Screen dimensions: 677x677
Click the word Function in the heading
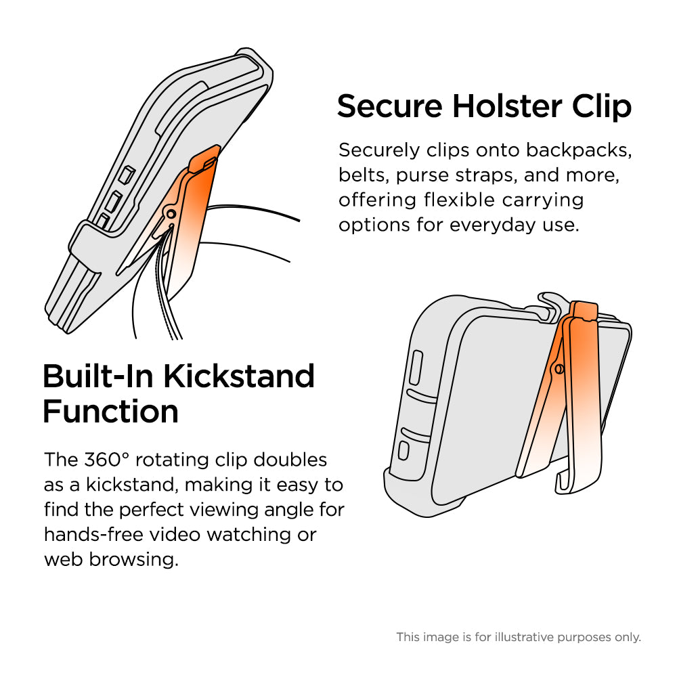[110, 411]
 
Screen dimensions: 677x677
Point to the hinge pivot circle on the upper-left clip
[171, 215]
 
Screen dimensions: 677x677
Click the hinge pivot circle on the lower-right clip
[559, 368]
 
